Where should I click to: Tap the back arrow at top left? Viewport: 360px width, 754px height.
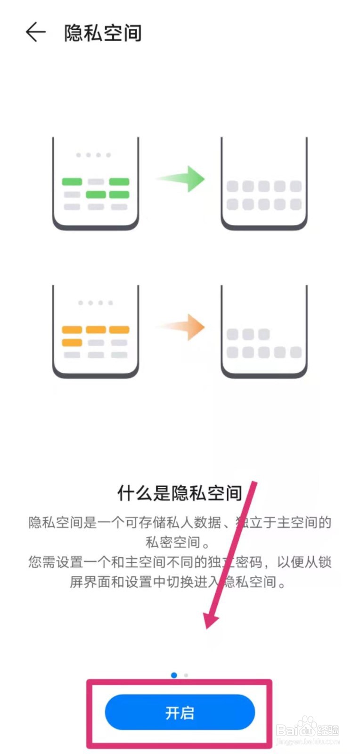click(36, 33)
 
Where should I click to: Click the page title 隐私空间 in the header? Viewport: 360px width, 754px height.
click(103, 33)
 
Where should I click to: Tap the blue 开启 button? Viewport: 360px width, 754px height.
click(180, 712)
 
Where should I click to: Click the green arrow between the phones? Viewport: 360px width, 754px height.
click(181, 179)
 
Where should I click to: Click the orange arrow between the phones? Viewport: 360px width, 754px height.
click(181, 327)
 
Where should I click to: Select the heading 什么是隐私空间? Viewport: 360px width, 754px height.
click(180, 493)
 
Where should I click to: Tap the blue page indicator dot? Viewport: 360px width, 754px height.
click(174, 675)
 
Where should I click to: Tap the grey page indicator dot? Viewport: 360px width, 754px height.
click(186, 675)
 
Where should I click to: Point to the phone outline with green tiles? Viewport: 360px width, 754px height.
click(96, 184)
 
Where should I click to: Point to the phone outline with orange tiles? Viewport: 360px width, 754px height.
click(96, 331)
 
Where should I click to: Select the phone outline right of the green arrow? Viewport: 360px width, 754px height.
click(264, 184)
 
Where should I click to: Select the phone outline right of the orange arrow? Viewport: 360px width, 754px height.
click(264, 331)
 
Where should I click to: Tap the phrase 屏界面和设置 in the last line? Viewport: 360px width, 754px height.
click(111, 582)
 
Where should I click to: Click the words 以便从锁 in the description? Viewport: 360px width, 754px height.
click(304, 562)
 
